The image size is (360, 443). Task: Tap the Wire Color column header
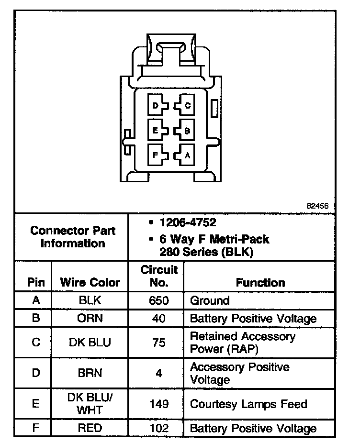[90, 282]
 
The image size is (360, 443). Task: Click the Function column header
[260, 282]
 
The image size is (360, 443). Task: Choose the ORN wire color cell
[90, 319]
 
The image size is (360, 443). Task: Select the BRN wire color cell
[90, 374]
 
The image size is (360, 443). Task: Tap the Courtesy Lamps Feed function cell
[248, 404]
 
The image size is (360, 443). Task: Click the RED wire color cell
[90, 428]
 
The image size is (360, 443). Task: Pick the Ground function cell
[210, 301]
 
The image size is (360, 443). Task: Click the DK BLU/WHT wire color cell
[90, 404]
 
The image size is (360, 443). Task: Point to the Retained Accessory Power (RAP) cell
[243, 343]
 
